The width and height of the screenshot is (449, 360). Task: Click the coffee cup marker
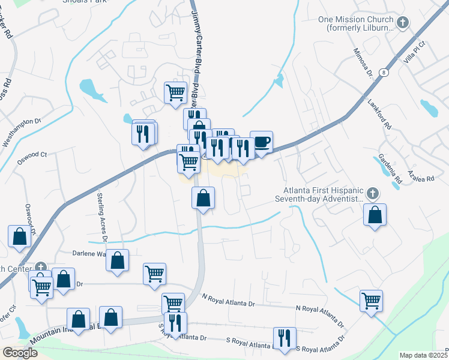(x=261, y=142)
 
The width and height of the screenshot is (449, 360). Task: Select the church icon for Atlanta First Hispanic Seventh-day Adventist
(x=373, y=193)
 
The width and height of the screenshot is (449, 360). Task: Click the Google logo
(x=20, y=353)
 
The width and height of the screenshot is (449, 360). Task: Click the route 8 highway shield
(x=383, y=72)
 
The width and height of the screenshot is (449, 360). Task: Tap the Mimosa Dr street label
(x=363, y=64)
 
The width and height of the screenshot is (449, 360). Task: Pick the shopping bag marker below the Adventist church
(x=375, y=215)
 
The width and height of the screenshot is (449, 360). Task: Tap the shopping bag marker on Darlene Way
(x=118, y=260)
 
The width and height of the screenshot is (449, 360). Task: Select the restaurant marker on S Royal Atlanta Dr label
(x=284, y=337)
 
